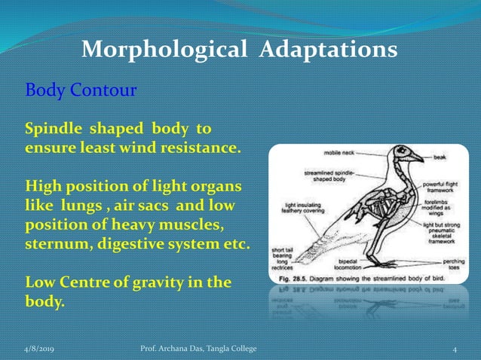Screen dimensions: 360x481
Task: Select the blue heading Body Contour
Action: tap(81, 91)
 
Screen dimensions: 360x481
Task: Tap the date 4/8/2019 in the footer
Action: tap(42, 348)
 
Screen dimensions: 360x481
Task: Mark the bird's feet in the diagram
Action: tap(384, 264)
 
